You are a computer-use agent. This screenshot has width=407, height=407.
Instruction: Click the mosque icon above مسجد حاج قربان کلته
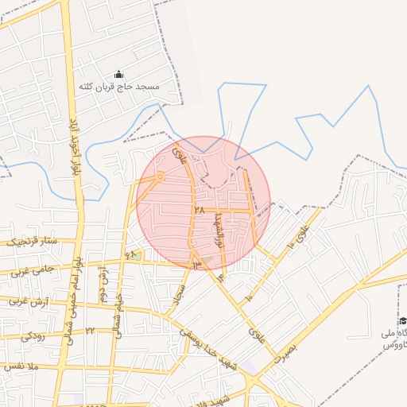tap(120, 74)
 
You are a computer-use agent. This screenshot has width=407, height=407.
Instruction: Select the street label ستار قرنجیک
tap(31, 240)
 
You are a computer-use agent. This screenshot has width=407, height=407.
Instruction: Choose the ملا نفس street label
tap(21, 366)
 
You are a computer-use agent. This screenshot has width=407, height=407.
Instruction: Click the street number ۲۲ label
tap(90, 330)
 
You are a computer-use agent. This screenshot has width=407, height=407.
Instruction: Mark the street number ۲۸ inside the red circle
tap(199, 211)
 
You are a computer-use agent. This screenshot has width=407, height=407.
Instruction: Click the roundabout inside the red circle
tap(161, 176)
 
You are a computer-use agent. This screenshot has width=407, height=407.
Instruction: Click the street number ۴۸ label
tap(131, 255)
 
